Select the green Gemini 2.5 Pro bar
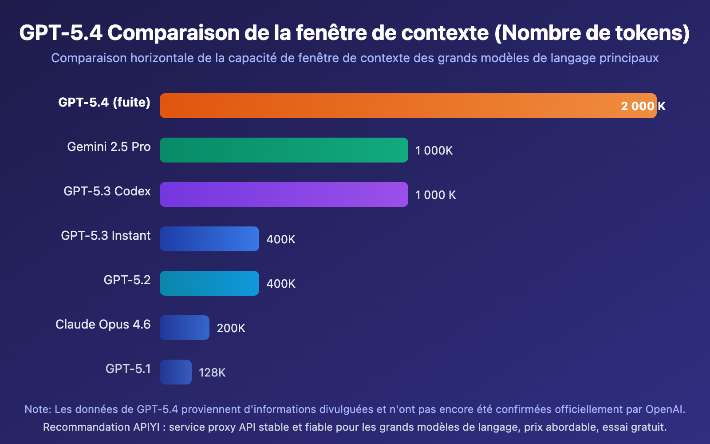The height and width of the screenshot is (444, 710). [284, 150]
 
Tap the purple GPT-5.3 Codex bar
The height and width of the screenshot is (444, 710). [284, 194]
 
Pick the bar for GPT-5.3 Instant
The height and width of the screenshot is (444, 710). [209, 239]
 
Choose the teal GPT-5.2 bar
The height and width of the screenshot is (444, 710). [209, 283]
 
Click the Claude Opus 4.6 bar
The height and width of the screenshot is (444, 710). [185, 328]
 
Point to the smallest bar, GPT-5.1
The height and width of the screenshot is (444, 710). [176, 372]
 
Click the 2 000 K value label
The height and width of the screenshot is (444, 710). [643, 106]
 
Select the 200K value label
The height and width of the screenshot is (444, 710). [231, 328]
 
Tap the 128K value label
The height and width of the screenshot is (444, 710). [212, 373]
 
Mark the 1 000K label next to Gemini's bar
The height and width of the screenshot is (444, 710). [434, 151]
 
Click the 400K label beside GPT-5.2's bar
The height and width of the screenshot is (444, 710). [281, 284]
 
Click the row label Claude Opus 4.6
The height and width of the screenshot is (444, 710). [103, 325]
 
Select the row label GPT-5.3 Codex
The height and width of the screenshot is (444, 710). [107, 191]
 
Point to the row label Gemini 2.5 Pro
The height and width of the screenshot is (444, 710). [109, 147]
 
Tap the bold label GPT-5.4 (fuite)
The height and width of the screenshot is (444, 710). [104, 103]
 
